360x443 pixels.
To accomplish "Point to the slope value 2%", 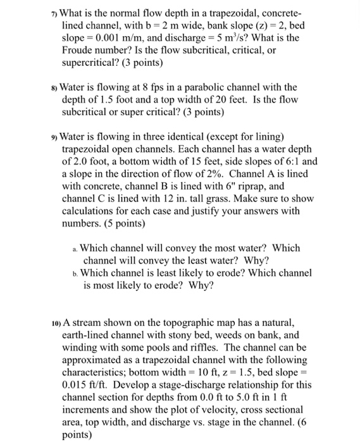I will pos(224,173).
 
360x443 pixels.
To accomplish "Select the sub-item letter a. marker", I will pos(75,249).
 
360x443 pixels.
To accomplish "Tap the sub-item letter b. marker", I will pos(75,273).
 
